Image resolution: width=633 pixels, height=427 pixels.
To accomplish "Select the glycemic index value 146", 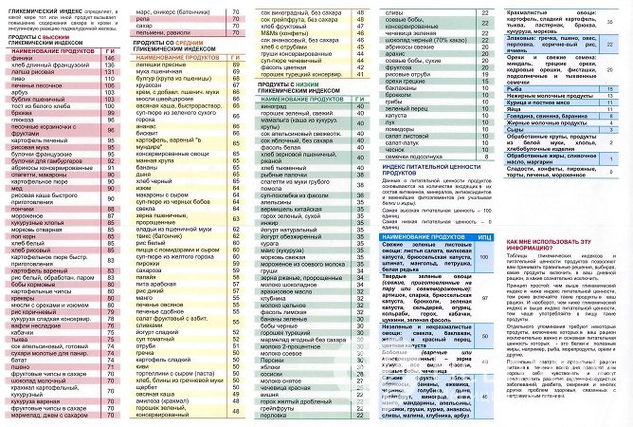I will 109,58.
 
